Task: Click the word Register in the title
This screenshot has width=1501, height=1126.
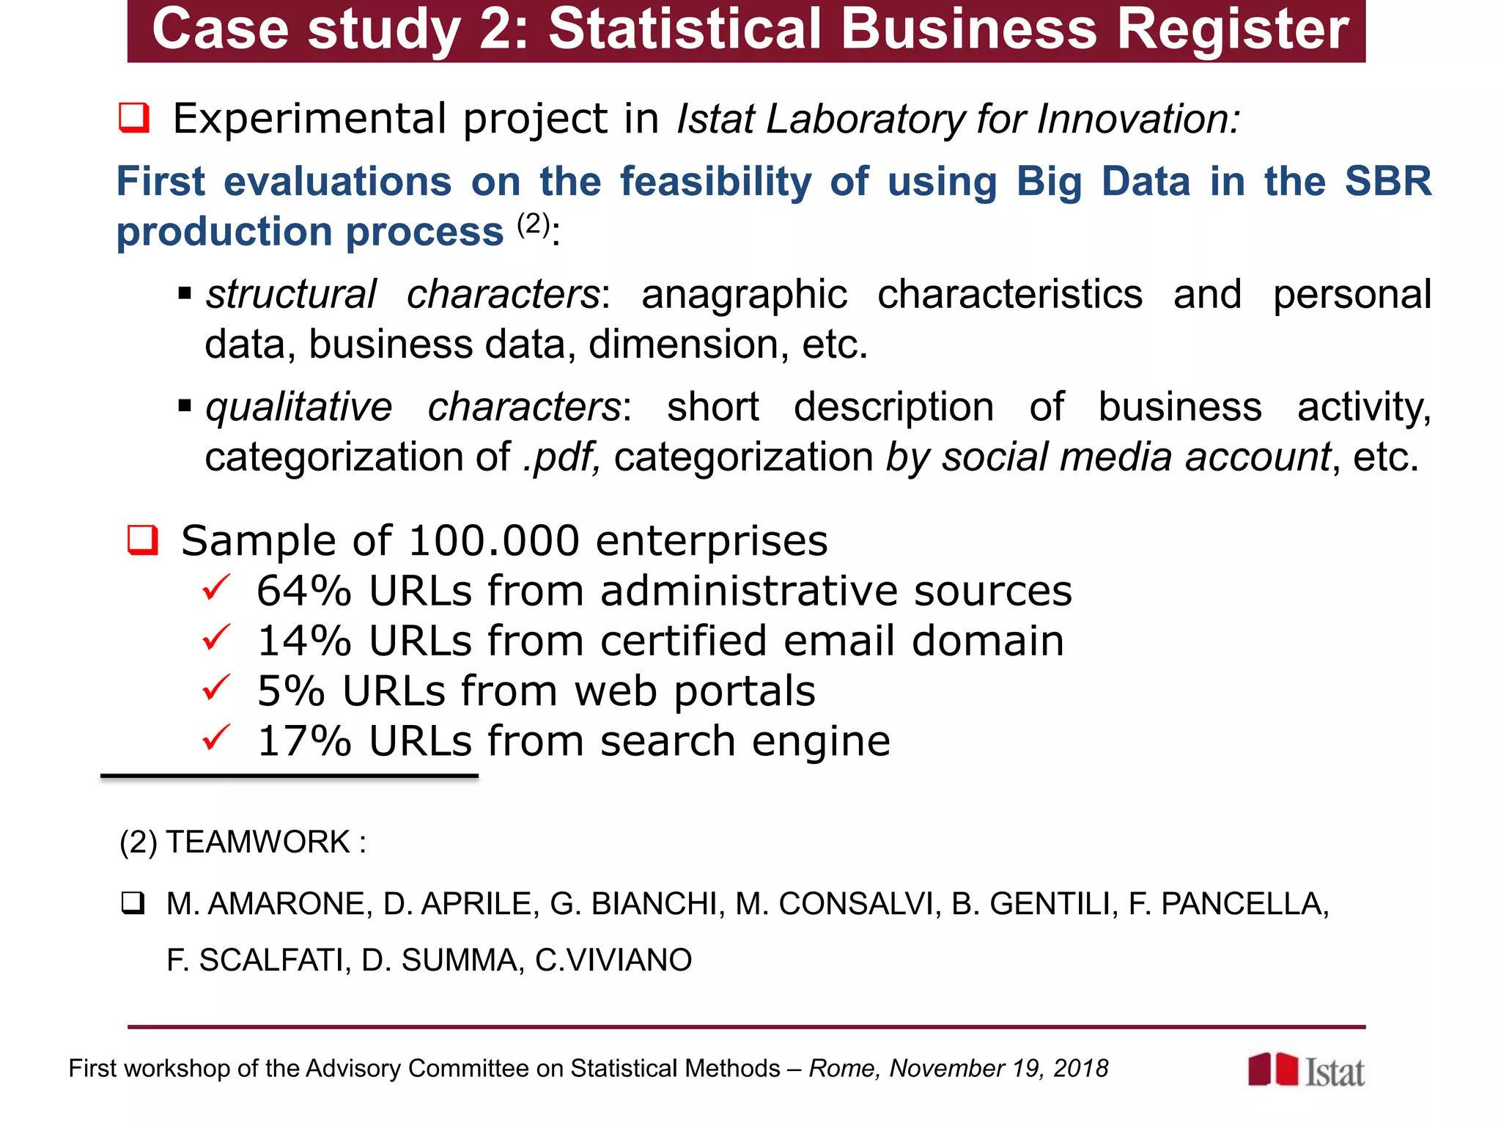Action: tap(1231, 29)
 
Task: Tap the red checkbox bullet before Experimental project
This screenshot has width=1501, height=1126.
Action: tap(134, 117)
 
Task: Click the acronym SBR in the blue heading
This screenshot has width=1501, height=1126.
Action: tap(1387, 181)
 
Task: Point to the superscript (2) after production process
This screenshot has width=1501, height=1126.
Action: tap(533, 224)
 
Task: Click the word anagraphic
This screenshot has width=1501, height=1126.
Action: tap(744, 295)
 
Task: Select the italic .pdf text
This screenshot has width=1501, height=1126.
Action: tap(561, 457)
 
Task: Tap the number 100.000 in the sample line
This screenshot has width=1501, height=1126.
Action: tap(494, 541)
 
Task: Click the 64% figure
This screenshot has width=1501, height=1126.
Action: tap(303, 591)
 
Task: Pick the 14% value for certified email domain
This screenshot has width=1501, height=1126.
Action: tap(303, 641)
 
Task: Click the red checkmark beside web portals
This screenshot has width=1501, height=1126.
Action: tap(216, 688)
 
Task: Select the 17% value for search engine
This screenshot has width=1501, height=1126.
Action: tap(303, 741)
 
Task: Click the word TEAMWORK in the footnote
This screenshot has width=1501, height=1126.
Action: tap(258, 842)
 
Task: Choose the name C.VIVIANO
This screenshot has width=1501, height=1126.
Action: tap(613, 960)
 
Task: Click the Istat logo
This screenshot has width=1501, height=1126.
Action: tap(1306, 1070)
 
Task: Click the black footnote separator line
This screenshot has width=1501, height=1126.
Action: tap(289, 776)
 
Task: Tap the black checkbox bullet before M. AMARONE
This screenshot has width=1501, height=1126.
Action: tap(133, 902)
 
